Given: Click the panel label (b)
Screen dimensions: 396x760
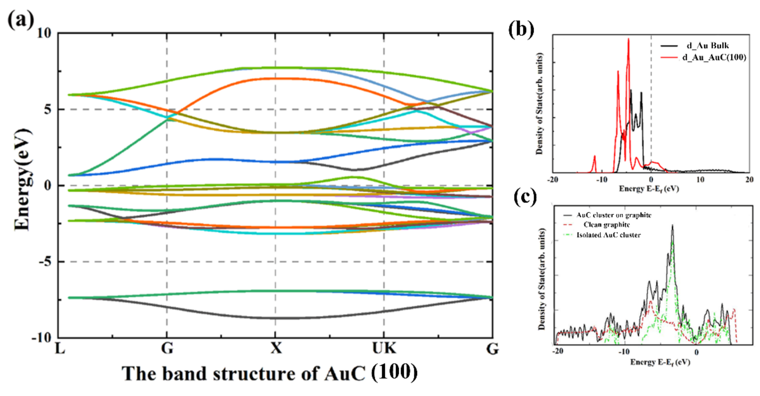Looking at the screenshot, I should click(x=521, y=30).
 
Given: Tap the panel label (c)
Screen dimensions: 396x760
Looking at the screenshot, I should click(x=525, y=197).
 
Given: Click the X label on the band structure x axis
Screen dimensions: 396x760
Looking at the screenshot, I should click(x=276, y=348).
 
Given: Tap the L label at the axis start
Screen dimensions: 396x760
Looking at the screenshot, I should click(x=60, y=348).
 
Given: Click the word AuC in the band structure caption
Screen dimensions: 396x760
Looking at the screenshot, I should click(x=345, y=374).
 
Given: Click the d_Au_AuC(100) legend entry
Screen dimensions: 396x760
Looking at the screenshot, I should click(x=714, y=57).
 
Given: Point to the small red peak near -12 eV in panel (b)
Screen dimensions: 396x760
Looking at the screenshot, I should click(x=595, y=157).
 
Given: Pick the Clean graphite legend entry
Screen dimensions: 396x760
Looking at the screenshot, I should click(x=606, y=225).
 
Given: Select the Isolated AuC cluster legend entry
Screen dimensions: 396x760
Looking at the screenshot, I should click(x=608, y=235).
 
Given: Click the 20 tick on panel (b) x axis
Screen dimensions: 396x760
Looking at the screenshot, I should click(x=749, y=179).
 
